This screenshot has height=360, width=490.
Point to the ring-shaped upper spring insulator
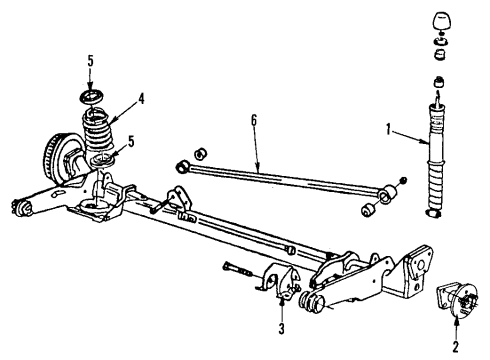pyautogui.click(x=89, y=96)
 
